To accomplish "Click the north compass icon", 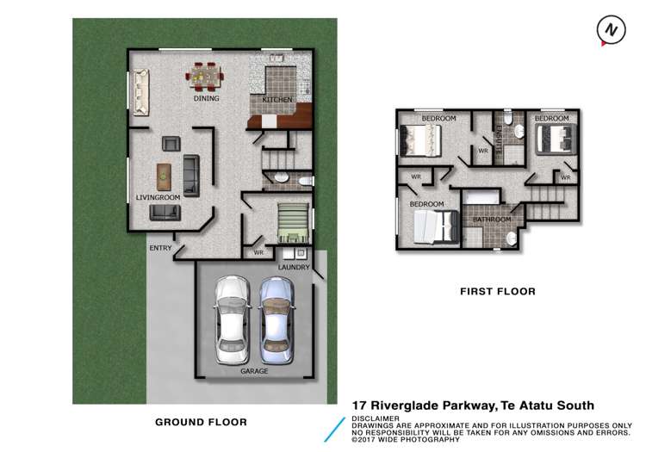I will pyautogui.click(x=610, y=29).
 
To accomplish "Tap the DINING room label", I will pyautogui.click(x=206, y=98).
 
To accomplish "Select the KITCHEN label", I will pyautogui.click(x=278, y=101).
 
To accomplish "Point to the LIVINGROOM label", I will pyautogui.click(x=158, y=197).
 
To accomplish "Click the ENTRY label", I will pyautogui.click(x=161, y=249).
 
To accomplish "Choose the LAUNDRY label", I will pyautogui.click(x=294, y=268).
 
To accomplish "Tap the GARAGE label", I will pyautogui.click(x=254, y=371).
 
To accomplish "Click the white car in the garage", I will pyautogui.click(x=232, y=319).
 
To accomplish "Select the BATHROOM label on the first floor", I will pyautogui.click(x=492, y=220).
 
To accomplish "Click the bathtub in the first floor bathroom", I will pyautogui.click(x=482, y=198).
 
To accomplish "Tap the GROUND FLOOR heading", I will pyautogui.click(x=201, y=422).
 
